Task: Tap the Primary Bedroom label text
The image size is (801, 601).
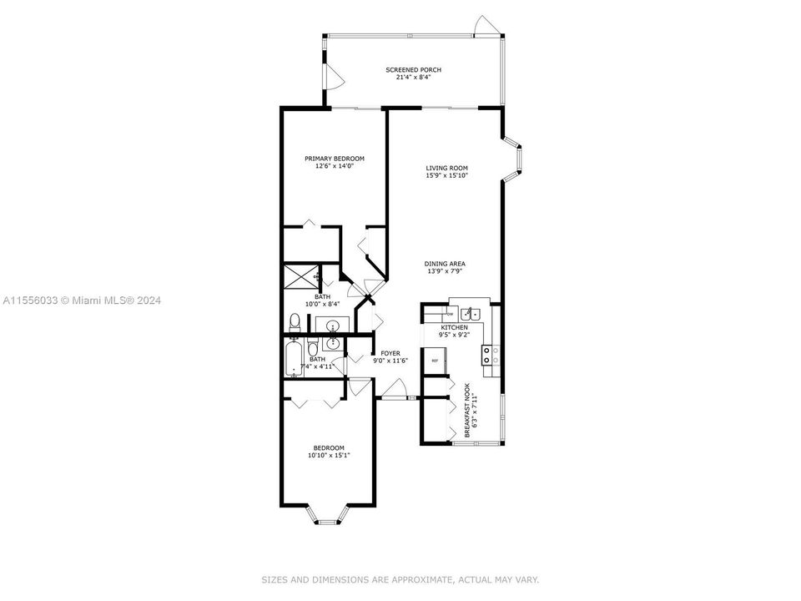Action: [334, 159]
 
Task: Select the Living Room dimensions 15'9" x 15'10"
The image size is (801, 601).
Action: [447, 175]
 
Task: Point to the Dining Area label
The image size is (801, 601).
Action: [444, 264]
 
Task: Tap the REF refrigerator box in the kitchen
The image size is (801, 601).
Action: [435, 361]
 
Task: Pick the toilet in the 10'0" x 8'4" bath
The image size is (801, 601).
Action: [294, 321]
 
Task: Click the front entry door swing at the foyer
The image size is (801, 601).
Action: [396, 389]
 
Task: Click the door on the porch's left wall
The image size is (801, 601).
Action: [333, 77]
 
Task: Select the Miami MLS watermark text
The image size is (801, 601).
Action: [82, 300]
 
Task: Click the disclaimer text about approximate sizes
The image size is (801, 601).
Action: [400, 578]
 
